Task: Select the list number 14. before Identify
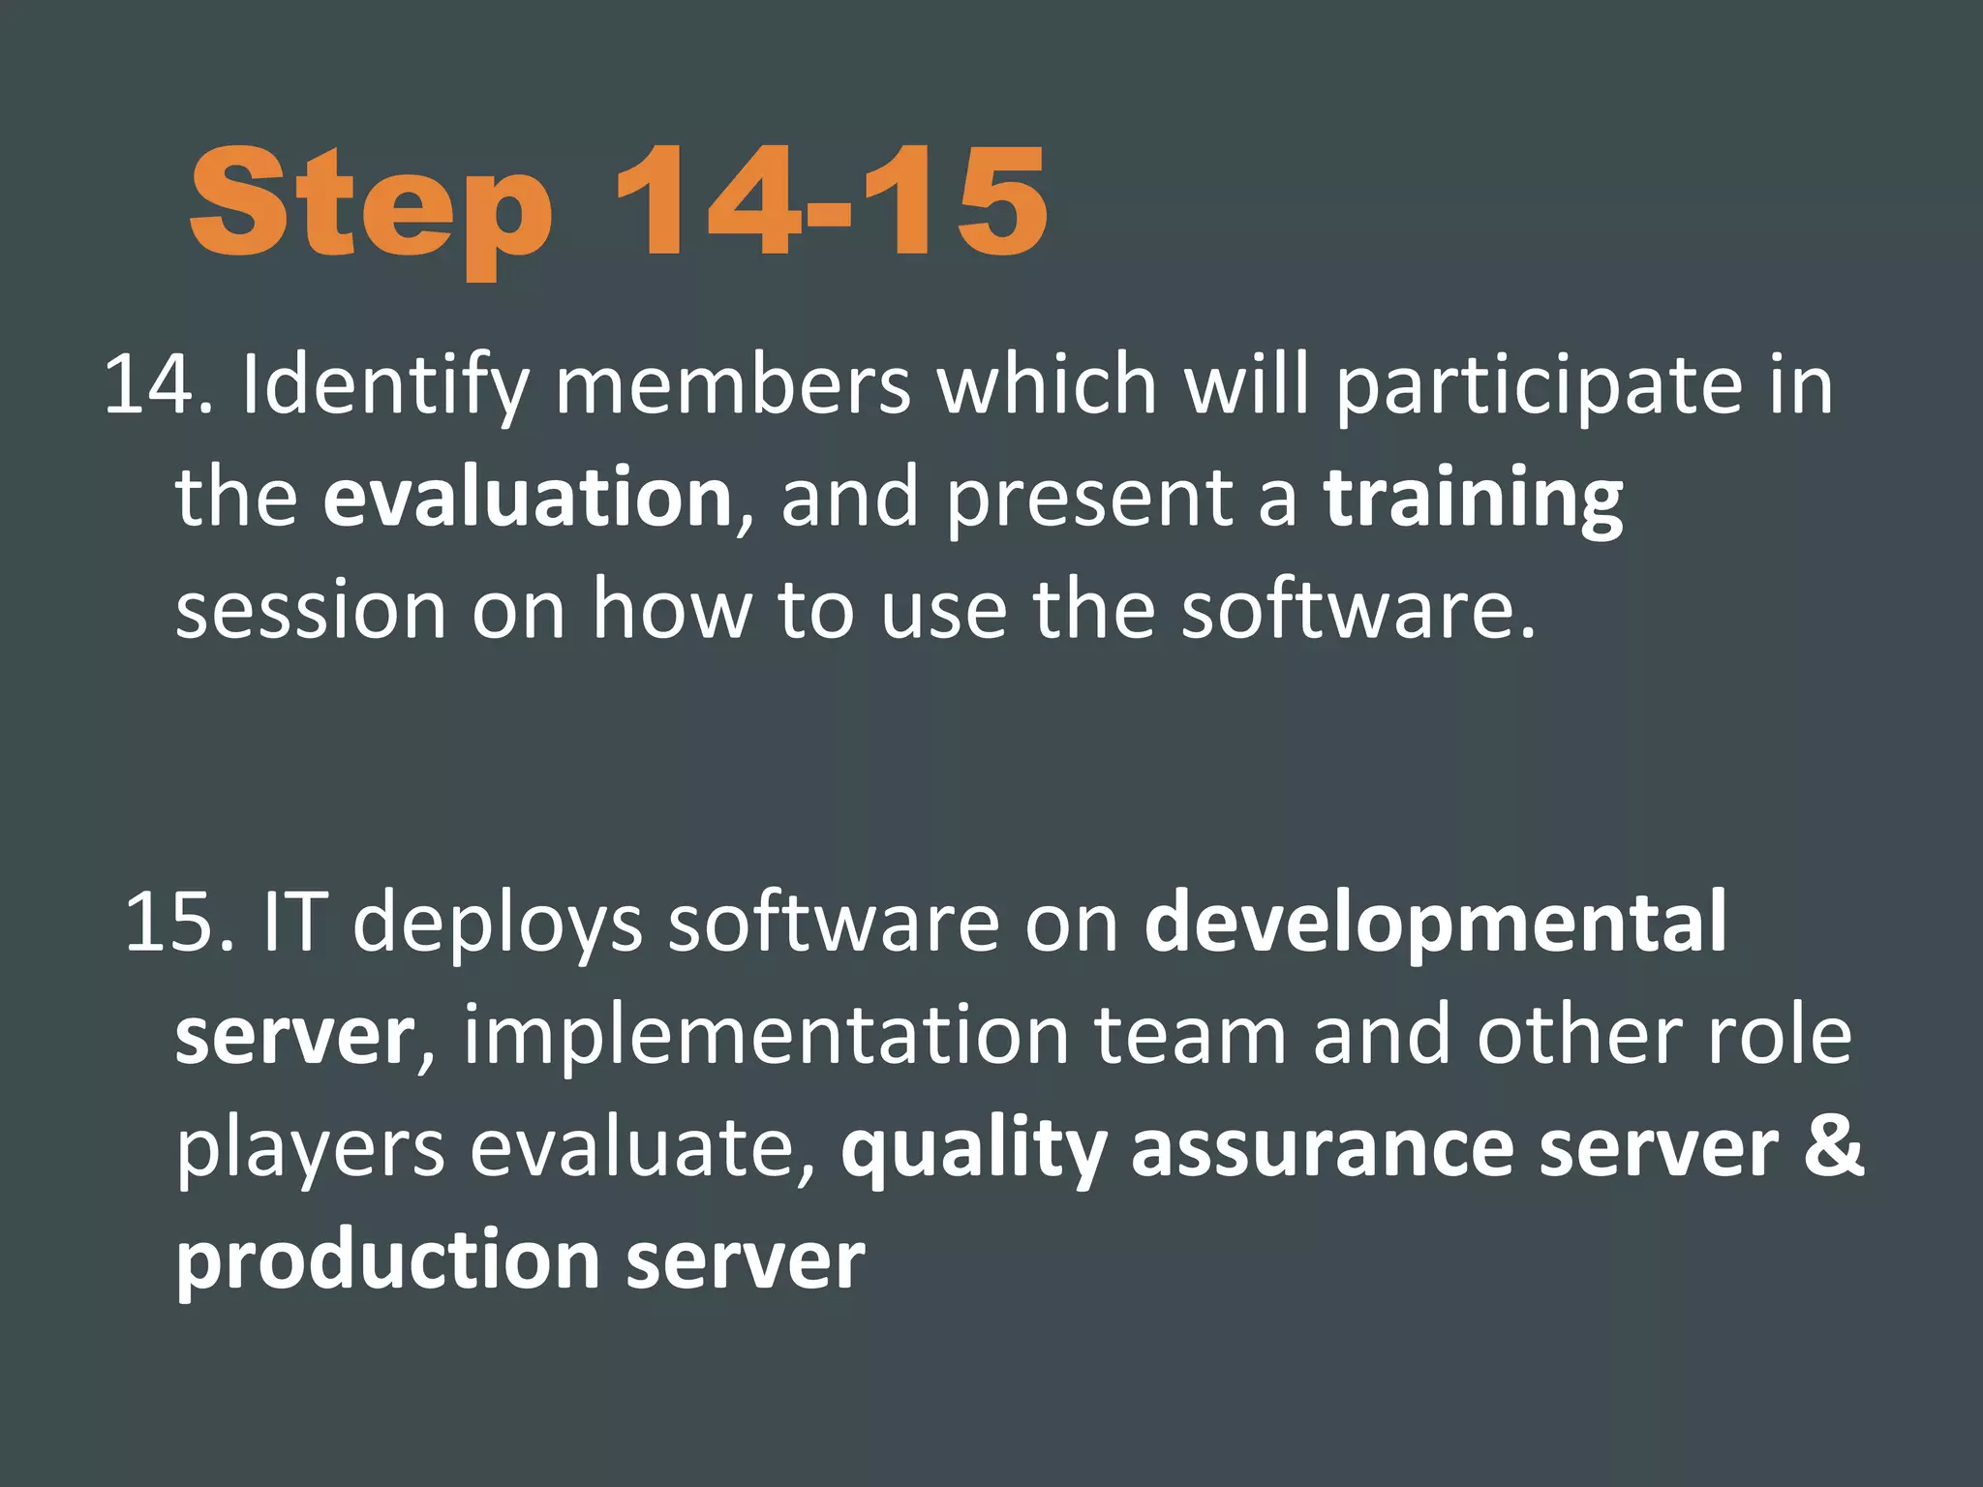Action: (x=158, y=385)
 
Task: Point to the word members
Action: (x=732, y=385)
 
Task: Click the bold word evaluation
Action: (x=528, y=498)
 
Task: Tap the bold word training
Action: (x=1474, y=500)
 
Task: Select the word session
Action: (x=311, y=610)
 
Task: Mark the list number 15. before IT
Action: (x=180, y=922)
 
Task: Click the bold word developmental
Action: (x=1436, y=924)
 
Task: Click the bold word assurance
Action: (x=1323, y=1148)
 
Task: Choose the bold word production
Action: (x=388, y=1262)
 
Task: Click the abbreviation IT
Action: (x=290, y=922)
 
